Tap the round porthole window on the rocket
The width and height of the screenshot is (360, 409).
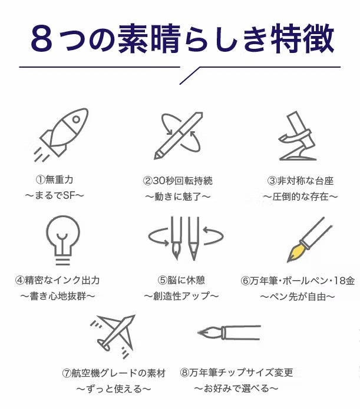tap(76, 119)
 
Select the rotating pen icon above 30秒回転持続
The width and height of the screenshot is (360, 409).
tap(179, 135)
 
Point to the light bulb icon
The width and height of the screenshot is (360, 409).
tap(63, 240)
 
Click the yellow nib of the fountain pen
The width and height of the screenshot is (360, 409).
tap(295, 252)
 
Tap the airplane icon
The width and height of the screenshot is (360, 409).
tap(113, 336)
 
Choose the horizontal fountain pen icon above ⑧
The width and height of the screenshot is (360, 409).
tap(229, 332)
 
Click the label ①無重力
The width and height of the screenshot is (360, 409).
tap(54, 179)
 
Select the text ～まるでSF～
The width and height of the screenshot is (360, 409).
tap(55, 195)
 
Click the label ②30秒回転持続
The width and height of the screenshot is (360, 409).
tap(177, 181)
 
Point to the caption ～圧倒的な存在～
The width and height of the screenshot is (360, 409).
tap(300, 197)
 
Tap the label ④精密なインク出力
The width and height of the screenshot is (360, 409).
tap(58, 280)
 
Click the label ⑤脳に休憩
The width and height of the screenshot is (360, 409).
tap(181, 280)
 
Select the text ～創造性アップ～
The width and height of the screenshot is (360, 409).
tap(181, 296)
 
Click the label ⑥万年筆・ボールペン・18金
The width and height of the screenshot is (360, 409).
tap(298, 281)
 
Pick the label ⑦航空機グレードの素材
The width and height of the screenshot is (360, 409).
tap(114, 373)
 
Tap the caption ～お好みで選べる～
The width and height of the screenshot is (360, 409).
tap(236, 388)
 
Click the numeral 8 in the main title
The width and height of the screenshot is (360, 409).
tap(41, 39)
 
